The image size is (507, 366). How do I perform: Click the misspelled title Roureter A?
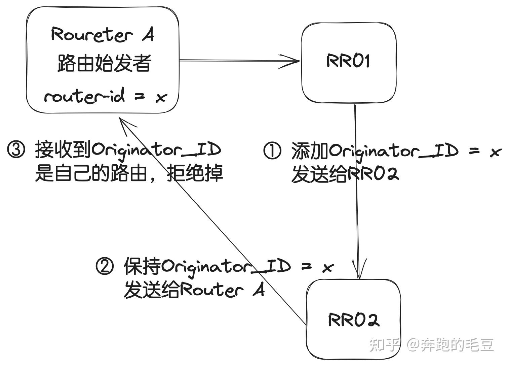(103, 35)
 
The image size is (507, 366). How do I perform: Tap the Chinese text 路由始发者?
(104, 63)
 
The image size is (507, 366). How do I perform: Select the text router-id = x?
(105, 97)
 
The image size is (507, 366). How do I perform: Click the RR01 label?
(348, 61)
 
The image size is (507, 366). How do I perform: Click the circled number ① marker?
(272, 151)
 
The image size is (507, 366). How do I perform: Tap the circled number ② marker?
(105, 266)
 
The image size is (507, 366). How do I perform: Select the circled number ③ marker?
(16, 150)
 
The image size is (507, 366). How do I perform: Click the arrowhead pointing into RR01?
(292, 61)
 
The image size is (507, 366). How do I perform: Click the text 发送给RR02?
(345, 174)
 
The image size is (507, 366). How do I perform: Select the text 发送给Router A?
(194, 290)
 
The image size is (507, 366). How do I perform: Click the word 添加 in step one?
(310, 151)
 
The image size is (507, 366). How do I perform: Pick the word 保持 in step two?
(143, 266)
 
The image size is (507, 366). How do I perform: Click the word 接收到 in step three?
(63, 149)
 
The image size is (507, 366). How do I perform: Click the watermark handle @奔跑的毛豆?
(450, 344)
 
